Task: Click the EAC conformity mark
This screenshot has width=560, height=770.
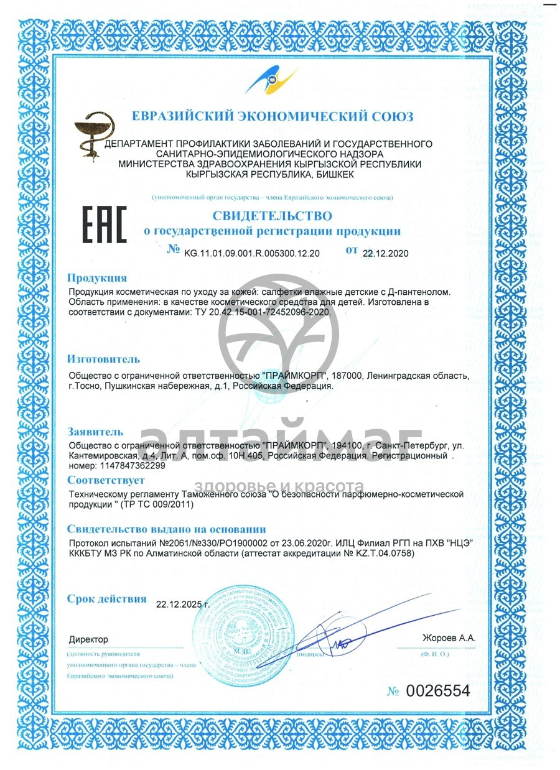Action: pos(105,225)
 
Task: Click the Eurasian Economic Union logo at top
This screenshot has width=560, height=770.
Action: pos(271,80)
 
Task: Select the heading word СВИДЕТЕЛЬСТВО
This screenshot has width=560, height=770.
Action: pos(273,215)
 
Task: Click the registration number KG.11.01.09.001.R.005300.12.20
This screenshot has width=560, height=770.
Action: pos(252,253)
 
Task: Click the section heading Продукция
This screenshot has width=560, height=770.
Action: pos(97,278)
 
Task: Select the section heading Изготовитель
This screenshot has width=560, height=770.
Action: pos(103,359)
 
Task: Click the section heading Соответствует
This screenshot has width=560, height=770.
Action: pos(106,480)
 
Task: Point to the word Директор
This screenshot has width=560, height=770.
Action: pos(88,639)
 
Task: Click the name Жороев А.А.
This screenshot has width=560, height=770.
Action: pos(449,638)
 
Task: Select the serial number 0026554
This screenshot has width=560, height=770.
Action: pos(438,690)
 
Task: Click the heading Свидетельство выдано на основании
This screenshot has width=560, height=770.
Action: pos(166,529)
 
